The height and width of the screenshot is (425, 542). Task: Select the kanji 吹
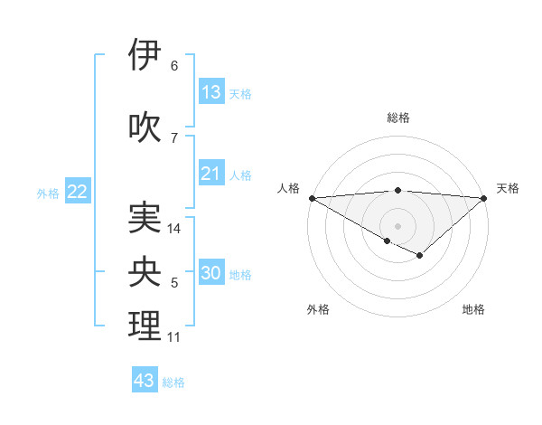[x=145, y=126]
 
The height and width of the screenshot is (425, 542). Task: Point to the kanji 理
[x=145, y=326]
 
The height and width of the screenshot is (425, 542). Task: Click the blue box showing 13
[x=211, y=92]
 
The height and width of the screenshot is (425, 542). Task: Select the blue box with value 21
[x=211, y=174]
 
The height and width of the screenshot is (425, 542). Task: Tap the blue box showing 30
[x=211, y=274]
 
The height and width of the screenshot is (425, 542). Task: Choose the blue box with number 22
[x=78, y=192]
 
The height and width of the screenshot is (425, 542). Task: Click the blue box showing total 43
[x=145, y=381]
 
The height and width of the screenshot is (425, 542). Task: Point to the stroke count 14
[x=175, y=229]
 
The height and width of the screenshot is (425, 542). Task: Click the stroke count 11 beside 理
[x=174, y=337]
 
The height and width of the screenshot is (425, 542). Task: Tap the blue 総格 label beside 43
[x=173, y=382]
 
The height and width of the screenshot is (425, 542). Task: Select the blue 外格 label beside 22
[x=48, y=193]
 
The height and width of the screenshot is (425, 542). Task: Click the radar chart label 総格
[x=398, y=118]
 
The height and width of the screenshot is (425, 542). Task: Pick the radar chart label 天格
[x=508, y=188]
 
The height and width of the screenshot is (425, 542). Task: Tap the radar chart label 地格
[x=473, y=309]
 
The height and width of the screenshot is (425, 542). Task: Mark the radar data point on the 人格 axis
[x=312, y=197]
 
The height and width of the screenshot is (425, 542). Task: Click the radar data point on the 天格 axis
[x=484, y=197]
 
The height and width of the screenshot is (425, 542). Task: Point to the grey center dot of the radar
[x=397, y=225]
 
